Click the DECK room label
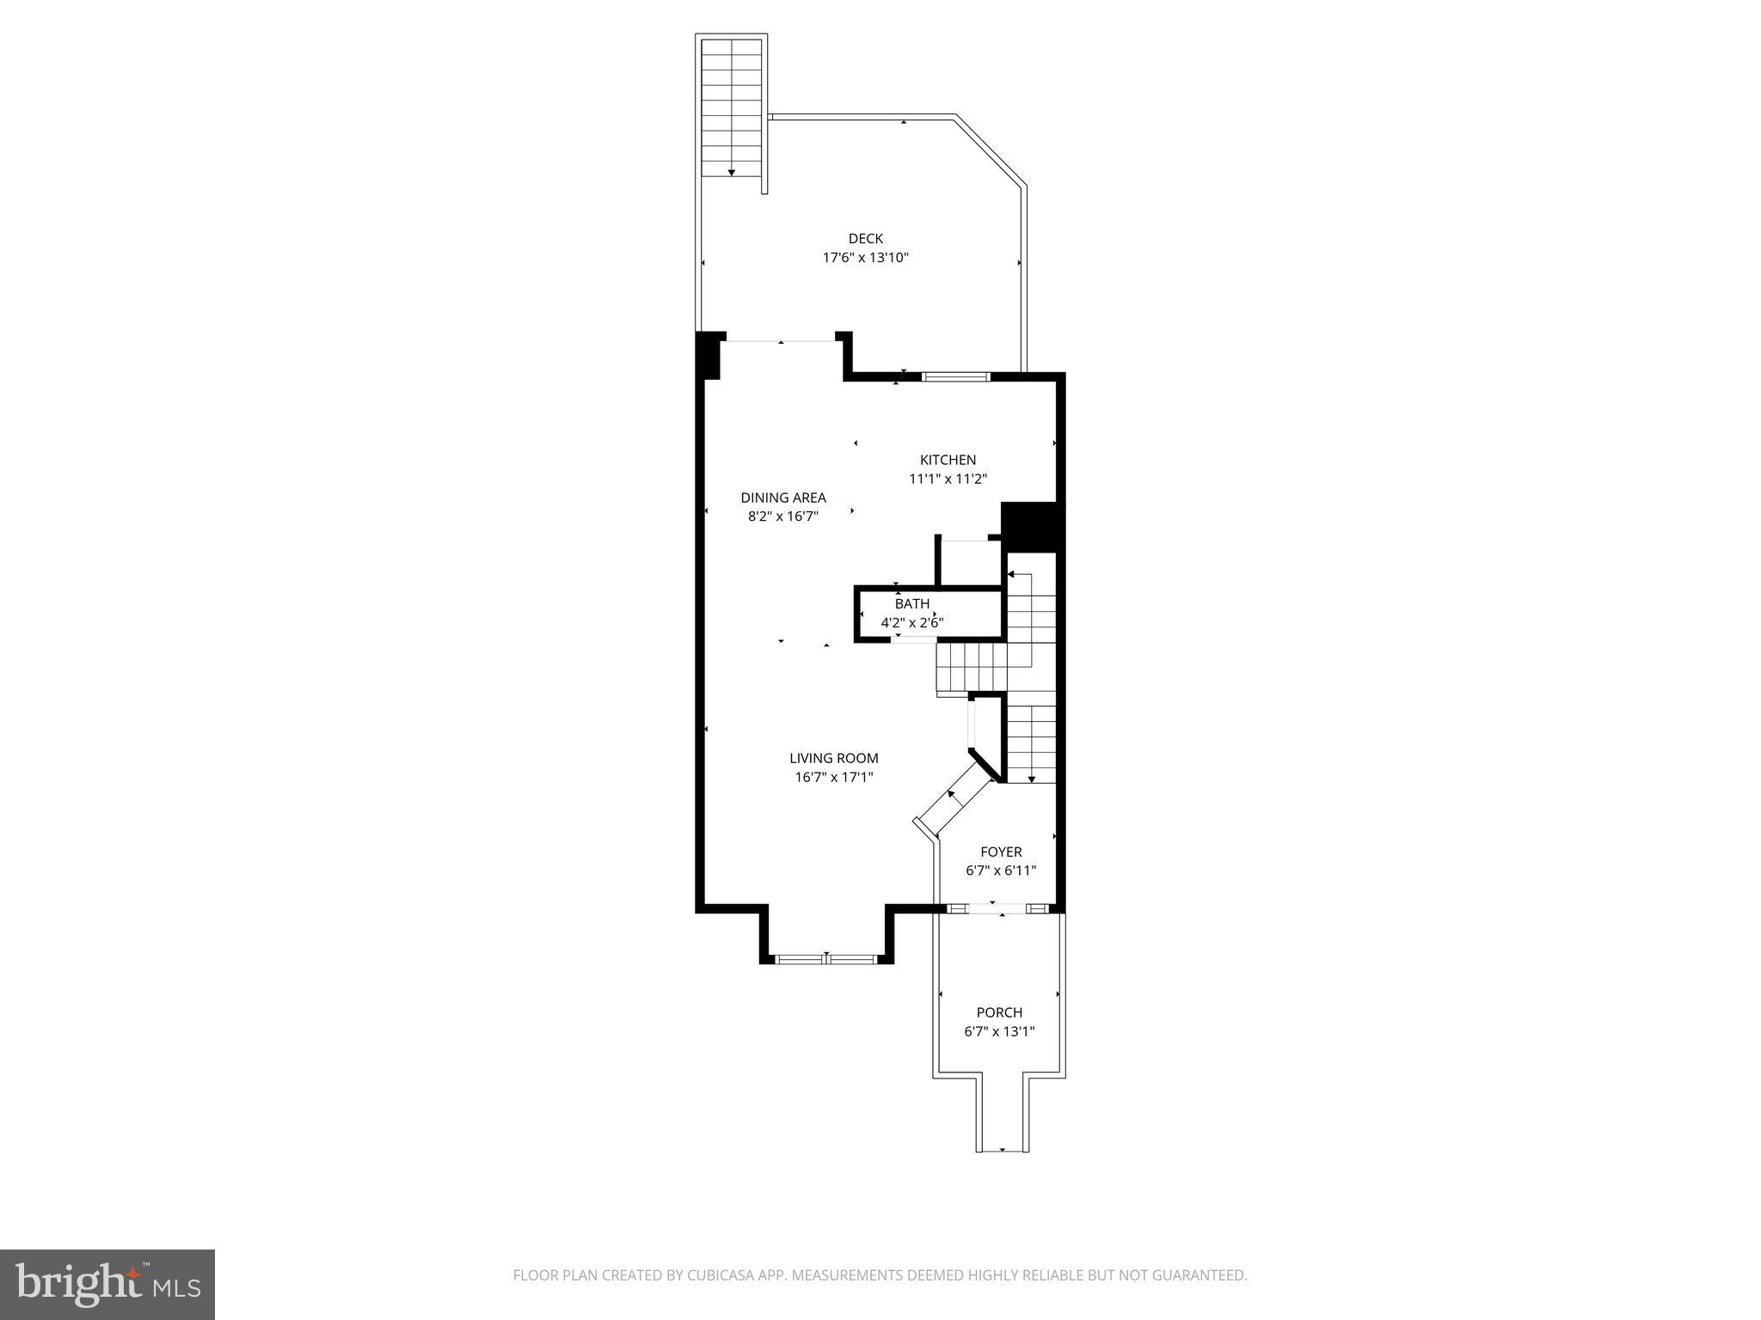tap(865, 239)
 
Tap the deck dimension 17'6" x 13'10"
tap(865, 258)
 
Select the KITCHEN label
tap(948, 460)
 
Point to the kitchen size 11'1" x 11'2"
tap(948, 480)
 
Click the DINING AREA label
tap(783, 498)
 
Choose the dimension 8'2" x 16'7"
tap(783, 516)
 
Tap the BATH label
tap(911, 604)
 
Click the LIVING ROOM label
tap(834, 758)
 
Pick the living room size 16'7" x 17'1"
tap(834, 778)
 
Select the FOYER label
tap(1001, 852)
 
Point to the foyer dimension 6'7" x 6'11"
tap(1001, 871)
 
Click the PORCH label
tap(999, 1012)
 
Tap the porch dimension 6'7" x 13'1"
tap(999, 1031)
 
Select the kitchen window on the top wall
tap(956, 376)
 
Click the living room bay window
tap(826, 958)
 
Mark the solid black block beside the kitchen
tap(1033, 526)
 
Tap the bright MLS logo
tap(107, 1285)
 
